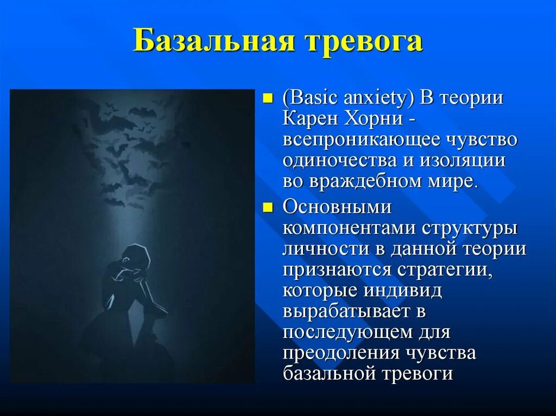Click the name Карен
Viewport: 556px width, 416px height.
pyautogui.click(x=311, y=119)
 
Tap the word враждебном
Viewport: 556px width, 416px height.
pyautogui.click(x=359, y=181)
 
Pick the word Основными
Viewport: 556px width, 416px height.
pyautogui.click(x=336, y=208)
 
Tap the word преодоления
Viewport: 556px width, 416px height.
pyautogui.click(x=340, y=353)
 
